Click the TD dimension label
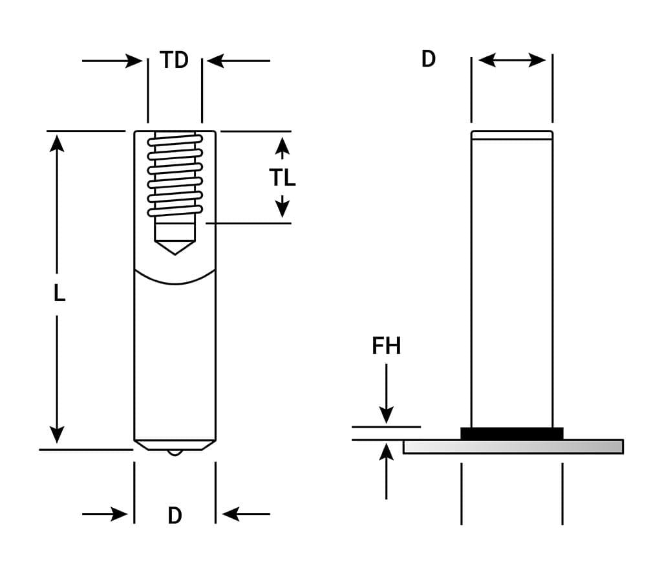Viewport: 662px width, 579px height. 175,60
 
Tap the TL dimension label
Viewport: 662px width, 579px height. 283,177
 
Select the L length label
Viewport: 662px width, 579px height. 59,294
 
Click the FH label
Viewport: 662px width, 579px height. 386,346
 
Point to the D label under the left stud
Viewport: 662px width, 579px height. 175,516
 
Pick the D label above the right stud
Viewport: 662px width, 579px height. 428,60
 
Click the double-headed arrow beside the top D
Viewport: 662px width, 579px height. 512,60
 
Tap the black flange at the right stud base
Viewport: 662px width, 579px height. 511,433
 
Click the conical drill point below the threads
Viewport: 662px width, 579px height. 175,247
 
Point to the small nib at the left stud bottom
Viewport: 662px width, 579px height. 175,452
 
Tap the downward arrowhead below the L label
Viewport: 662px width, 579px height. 57,434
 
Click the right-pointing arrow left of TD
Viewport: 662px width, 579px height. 133,61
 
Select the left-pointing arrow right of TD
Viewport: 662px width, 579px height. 216,61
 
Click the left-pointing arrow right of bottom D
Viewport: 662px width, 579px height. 231,514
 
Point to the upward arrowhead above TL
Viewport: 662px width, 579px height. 282,146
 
